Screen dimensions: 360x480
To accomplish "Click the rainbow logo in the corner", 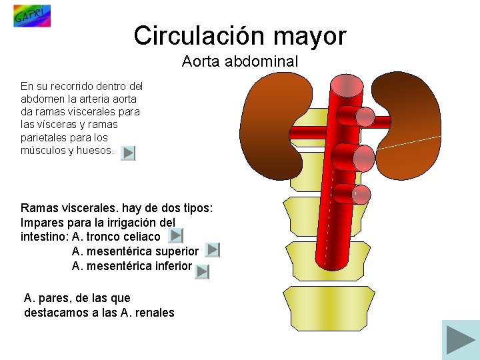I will coord(31,15).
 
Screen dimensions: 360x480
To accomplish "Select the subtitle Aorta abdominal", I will coord(239,61).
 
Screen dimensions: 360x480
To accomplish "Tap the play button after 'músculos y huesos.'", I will coord(129,153).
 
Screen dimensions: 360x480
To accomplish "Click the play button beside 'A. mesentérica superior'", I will coord(212,250).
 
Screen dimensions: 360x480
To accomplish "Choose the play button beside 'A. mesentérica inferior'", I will coord(202,271).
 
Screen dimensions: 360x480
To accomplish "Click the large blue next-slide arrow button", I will coord(460,340).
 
